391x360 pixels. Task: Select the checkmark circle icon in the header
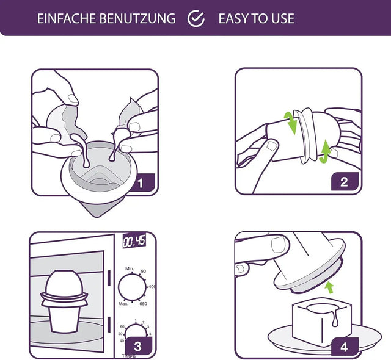(x=196, y=18)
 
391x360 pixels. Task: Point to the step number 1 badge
(x=140, y=182)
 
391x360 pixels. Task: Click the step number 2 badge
(x=344, y=181)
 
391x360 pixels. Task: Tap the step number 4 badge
(x=343, y=346)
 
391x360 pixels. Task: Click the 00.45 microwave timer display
(x=134, y=242)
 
